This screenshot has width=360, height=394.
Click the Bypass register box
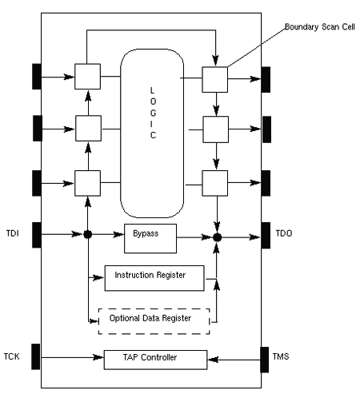pos(150,237)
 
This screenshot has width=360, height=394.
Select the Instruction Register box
pos(150,276)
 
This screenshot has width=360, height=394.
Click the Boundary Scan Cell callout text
pos(319,27)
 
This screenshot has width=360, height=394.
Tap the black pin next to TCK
pos(36,357)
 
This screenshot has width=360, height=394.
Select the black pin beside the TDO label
pos(266,237)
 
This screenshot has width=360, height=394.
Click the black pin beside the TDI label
pos(36,234)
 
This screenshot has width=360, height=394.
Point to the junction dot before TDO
pos(215,237)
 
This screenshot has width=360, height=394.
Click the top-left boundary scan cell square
pos(87,78)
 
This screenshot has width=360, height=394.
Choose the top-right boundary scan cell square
pos(214,78)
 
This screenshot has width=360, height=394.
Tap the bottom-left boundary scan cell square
pos(87,182)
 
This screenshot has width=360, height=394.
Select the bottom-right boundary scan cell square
pos(214,183)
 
